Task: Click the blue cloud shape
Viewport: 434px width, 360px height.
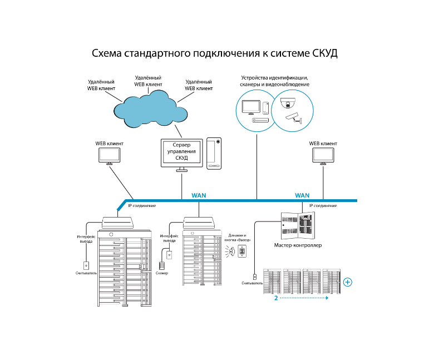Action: click(150, 109)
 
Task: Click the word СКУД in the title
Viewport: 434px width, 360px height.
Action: click(325, 53)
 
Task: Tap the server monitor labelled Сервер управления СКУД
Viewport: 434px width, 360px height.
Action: click(181, 155)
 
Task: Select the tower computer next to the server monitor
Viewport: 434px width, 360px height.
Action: click(214, 154)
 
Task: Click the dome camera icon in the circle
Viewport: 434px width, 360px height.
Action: click(288, 103)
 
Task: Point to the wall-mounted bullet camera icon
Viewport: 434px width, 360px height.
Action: click(294, 118)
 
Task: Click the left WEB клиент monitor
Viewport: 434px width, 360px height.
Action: click(109, 156)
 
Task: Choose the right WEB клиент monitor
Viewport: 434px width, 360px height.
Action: click(323, 156)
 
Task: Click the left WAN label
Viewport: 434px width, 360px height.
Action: click(199, 195)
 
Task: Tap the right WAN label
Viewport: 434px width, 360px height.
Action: click(302, 195)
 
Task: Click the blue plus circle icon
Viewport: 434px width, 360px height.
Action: click(348, 282)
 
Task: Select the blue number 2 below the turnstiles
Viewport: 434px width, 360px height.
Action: click(276, 298)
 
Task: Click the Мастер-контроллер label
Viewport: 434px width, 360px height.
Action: click(298, 245)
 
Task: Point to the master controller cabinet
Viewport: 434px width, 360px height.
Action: click(298, 226)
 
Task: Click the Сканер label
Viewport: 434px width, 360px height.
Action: click(162, 273)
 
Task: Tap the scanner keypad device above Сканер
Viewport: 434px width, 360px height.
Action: click(162, 265)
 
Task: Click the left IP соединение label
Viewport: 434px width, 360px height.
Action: click(142, 206)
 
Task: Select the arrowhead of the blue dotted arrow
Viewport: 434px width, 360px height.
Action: click(327, 298)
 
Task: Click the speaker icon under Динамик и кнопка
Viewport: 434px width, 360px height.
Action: click(231, 252)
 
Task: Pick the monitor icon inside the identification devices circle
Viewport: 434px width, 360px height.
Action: click(251, 107)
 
